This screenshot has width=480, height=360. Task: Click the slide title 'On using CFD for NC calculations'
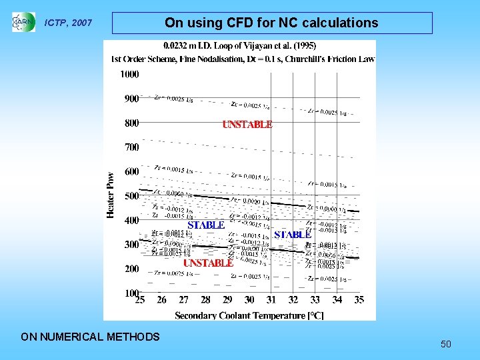(x=271, y=23)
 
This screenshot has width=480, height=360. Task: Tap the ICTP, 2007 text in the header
(x=68, y=23)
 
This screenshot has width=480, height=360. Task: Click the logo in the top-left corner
(x=23, y=22)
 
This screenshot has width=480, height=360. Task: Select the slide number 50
(x=446, y=344)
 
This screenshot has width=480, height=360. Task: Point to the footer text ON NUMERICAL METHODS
(x=91, y=337)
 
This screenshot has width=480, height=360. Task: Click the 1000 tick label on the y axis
(x=129, y=74)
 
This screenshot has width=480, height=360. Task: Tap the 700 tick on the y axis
(x=131, y=147)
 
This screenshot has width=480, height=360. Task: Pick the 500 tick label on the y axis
(x=131, y=196)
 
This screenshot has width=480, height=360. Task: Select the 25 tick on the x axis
(x=140, y=301)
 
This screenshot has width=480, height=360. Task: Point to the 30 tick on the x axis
(x=249, y=301)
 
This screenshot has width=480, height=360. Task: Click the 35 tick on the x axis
(x=359, y=301)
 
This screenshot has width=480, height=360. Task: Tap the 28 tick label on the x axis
(x=205, y=301)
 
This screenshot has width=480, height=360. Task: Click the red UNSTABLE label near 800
(x=247, y=124)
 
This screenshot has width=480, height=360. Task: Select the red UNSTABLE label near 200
(x=208, y=263)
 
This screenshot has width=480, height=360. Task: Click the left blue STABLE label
(x=206, y=225)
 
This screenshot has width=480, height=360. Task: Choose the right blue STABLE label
(x=293, y=235)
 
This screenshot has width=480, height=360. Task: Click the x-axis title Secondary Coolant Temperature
(x=249, y=315)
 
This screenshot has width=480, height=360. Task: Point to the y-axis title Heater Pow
(x=111, y=194)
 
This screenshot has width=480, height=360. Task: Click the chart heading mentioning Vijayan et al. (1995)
(x=240, y=46)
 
